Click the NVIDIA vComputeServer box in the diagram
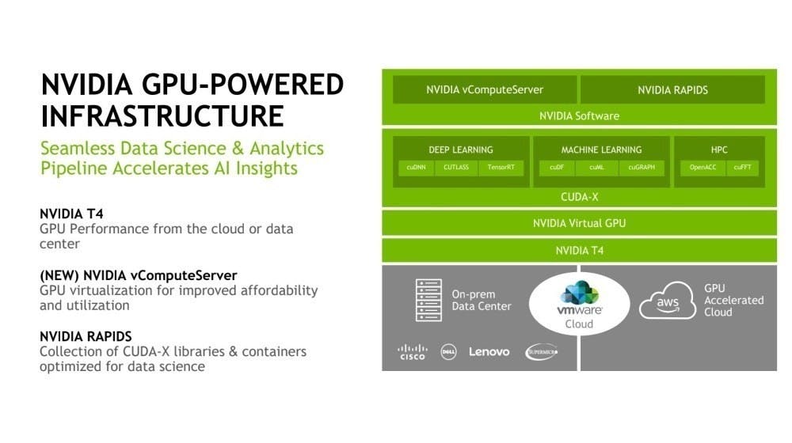480,89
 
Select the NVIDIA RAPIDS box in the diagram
672,89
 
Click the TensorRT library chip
501,168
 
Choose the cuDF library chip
557,168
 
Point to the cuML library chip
597,168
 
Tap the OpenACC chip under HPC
703,168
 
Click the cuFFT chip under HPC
743,168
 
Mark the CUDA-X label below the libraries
579,196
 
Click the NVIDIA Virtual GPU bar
579,223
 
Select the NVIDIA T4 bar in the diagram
579,251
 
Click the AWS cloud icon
668,302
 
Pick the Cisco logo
413,352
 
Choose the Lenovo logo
489,352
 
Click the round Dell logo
448,352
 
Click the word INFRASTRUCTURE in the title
162,115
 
